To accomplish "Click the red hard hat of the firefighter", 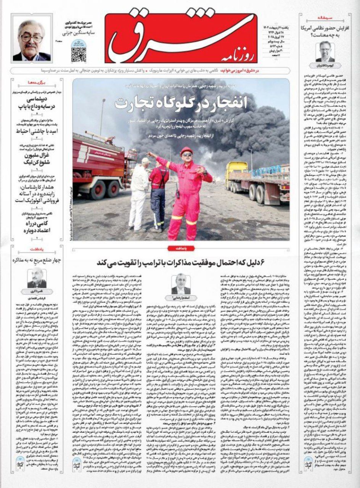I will coord(186,151).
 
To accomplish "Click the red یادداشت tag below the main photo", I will coord(180,248).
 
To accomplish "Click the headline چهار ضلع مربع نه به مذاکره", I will coord(37,261).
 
